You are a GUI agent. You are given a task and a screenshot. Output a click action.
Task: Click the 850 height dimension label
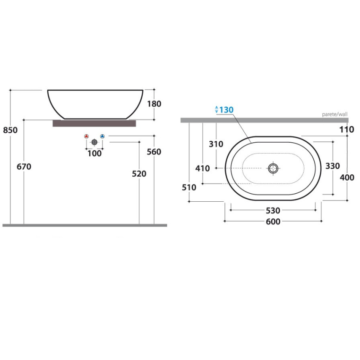(x=10, y=130)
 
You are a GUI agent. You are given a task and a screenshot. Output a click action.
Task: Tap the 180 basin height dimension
(x=154, y=104)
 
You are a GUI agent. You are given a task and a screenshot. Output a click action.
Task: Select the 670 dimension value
(x=24, y=166)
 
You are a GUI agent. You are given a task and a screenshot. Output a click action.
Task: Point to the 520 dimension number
(x=139, y=174)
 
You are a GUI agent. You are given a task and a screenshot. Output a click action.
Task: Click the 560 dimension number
(x=154, y=152)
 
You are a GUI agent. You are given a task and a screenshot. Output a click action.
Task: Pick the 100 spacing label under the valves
(x=94, y=154)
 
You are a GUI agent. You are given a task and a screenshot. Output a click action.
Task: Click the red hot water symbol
(x=86, y=137)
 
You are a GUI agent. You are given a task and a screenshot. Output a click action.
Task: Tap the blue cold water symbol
(x=103, y=137)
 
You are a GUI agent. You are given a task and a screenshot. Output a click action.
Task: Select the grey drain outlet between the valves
(x=94, y=142)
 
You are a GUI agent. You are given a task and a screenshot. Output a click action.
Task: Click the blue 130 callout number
(x=226, y=110)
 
